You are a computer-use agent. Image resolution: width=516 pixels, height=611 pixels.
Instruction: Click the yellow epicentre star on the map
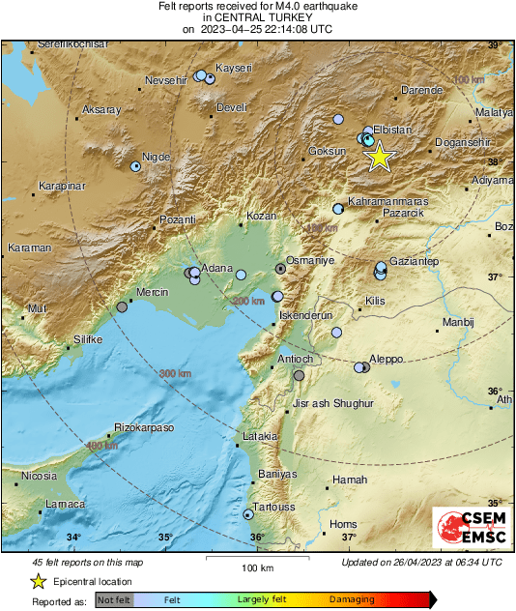(380, 156)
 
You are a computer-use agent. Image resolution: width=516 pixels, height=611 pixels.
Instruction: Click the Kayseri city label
(235, 68)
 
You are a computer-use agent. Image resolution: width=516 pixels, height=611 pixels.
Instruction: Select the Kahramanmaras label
(387, 201)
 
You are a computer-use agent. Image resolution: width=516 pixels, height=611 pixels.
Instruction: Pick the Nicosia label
(39, 476)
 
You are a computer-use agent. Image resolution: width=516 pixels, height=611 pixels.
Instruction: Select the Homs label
(343, 525)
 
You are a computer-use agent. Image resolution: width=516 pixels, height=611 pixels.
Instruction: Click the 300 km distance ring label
(175, 373)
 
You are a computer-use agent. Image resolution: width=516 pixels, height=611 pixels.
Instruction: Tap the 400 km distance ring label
(101, 446)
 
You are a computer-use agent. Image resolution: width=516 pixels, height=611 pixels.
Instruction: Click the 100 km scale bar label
(256, 567)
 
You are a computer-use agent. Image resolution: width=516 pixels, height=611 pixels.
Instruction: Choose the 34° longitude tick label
(73, 538)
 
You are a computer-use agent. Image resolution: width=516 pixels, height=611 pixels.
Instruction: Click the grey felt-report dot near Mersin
(122, 306)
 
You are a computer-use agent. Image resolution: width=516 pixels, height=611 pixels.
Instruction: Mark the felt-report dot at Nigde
(135, 166)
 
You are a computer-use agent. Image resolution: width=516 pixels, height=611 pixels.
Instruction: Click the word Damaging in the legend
(352, 599)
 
